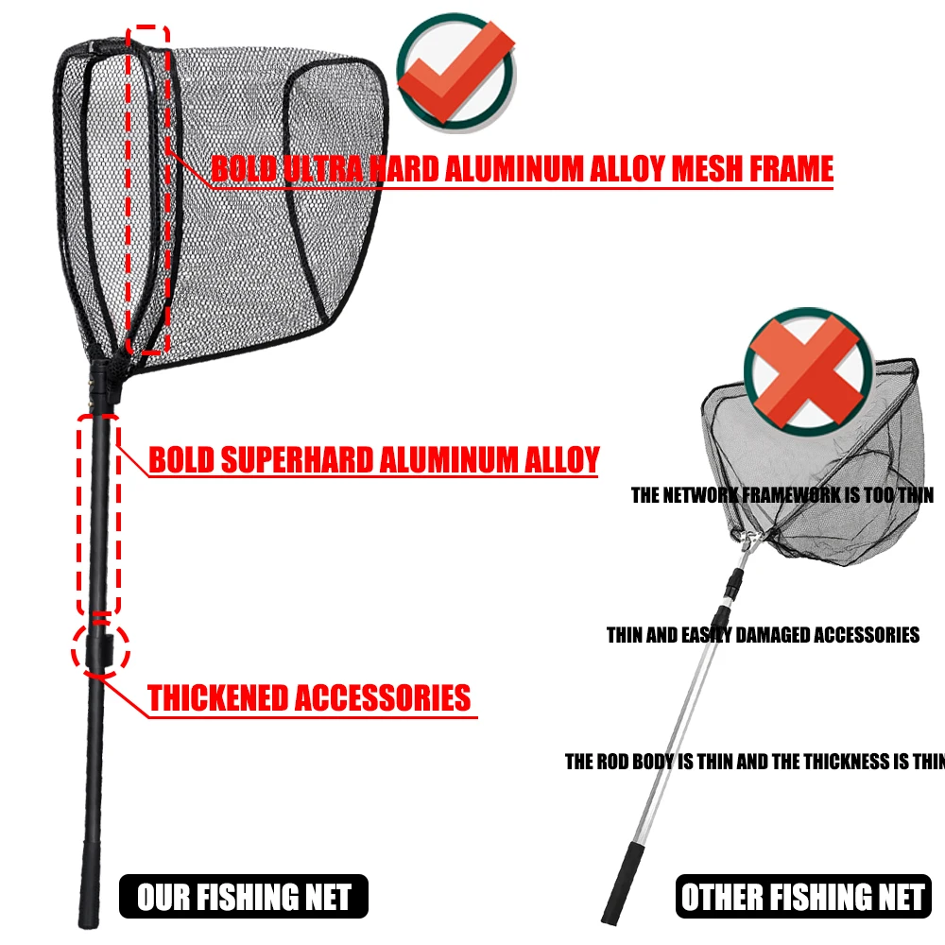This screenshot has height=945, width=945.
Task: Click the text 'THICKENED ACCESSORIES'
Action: [x=309, y=698]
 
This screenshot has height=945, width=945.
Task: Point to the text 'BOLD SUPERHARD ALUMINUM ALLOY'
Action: [x=374, y=460]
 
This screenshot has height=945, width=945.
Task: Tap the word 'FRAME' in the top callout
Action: [x=792, y=168]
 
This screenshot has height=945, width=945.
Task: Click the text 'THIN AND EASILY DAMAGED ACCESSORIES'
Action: [x=763, y=634]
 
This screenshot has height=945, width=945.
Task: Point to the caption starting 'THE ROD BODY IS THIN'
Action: [x=754, y=762]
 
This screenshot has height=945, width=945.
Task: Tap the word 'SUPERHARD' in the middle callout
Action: [x=298, y=460]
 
